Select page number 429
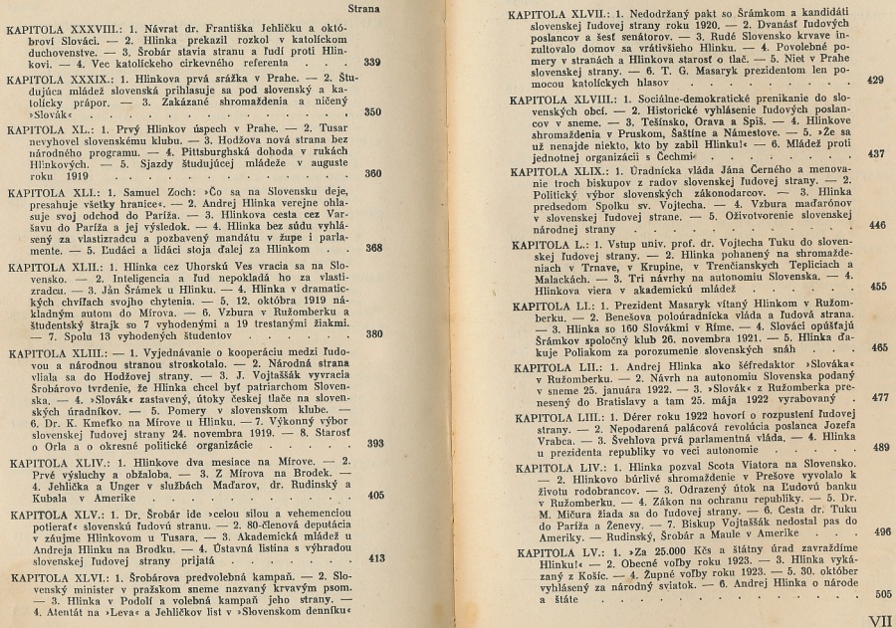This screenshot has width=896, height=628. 876,81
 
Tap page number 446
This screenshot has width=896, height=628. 876,226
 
